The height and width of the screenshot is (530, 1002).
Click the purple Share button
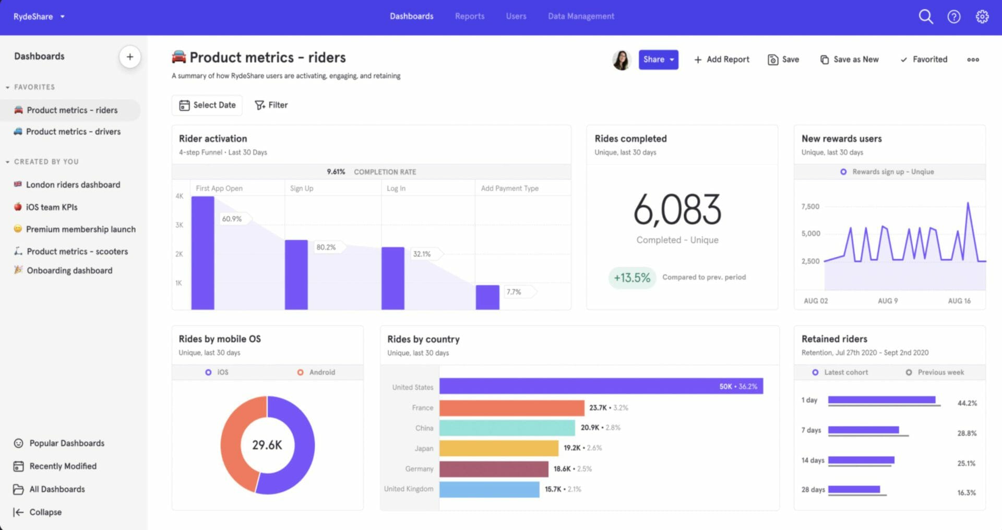[658, 60]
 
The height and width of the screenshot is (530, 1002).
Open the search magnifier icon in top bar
[925, 17]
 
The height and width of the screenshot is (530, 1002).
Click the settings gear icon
[982, 17]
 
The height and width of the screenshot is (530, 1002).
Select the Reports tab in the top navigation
[469, 16]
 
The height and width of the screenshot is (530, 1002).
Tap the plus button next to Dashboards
[130, 57]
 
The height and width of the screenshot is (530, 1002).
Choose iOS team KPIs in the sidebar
[52, 207]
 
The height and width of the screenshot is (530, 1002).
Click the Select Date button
[208, 105]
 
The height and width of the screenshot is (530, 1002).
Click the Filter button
[271, 105]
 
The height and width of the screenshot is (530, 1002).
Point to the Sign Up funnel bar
[296, 274]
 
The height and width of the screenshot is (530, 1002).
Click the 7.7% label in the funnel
[514, 292]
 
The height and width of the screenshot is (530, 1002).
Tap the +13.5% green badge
[631, 278]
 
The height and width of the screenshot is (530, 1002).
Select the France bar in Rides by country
[511, 408]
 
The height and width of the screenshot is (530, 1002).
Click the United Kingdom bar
[489, 489]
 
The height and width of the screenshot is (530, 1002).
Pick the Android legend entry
[316, 372]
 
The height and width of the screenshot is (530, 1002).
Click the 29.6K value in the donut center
[267, 445]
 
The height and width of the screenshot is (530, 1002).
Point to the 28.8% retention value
[967, 433]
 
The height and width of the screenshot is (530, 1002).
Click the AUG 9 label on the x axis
[887, 301]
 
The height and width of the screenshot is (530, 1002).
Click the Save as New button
[850, 60]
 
